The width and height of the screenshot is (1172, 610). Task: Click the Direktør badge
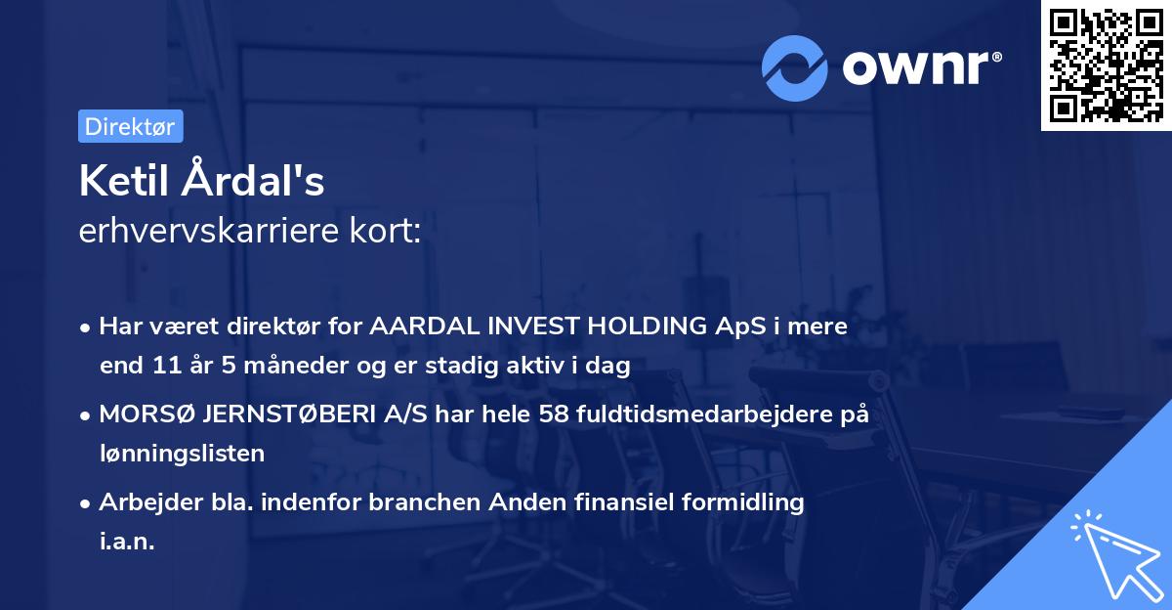[130, 126]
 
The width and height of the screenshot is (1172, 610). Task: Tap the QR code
[1106, 65]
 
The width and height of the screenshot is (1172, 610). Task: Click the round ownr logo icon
[795, 67]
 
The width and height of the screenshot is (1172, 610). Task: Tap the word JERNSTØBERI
[278, 414]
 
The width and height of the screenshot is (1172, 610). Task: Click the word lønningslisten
[182, 453]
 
